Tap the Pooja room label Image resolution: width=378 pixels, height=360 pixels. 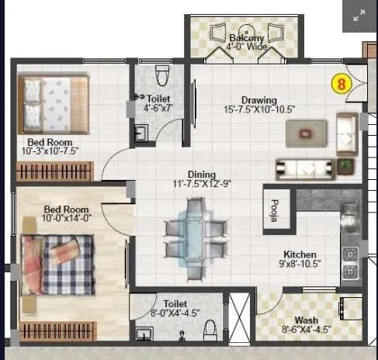tap(273, 212)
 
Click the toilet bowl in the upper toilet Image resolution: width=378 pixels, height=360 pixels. tap(162, 75)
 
